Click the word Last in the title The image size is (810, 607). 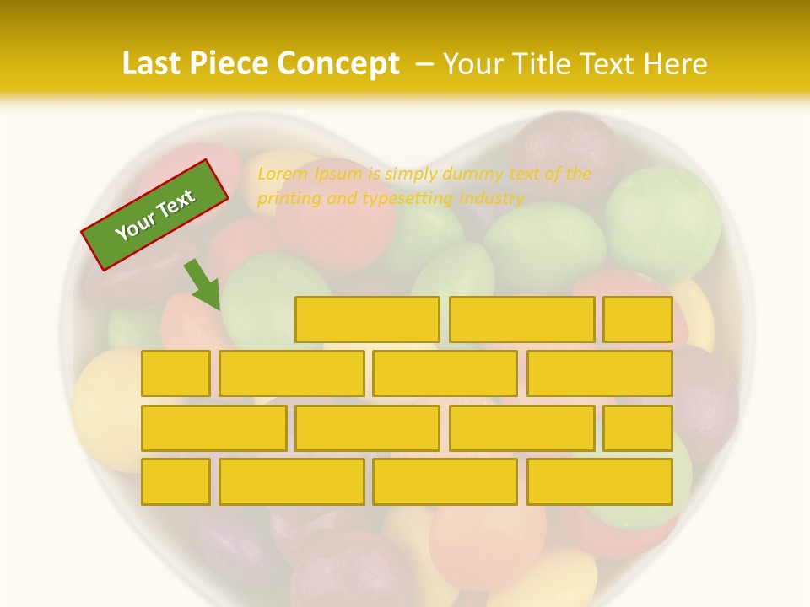click(x=152, y=64)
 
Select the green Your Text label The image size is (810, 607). click(x=155, y=215)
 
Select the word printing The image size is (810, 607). click(x=287, y=199)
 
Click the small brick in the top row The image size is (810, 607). click(x=638, y=320)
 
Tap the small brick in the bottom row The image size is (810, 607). click(x=175, y=481)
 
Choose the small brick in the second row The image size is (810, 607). click(x=175, y=373)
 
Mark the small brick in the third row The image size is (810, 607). click(x=638, y=427)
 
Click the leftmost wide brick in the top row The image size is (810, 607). click(x=367, y=320)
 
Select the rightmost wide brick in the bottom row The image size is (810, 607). click(x=599, y=481)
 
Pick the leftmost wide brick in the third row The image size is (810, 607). click(x=213, y=427)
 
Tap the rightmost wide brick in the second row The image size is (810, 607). click(x=599, y=373)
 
